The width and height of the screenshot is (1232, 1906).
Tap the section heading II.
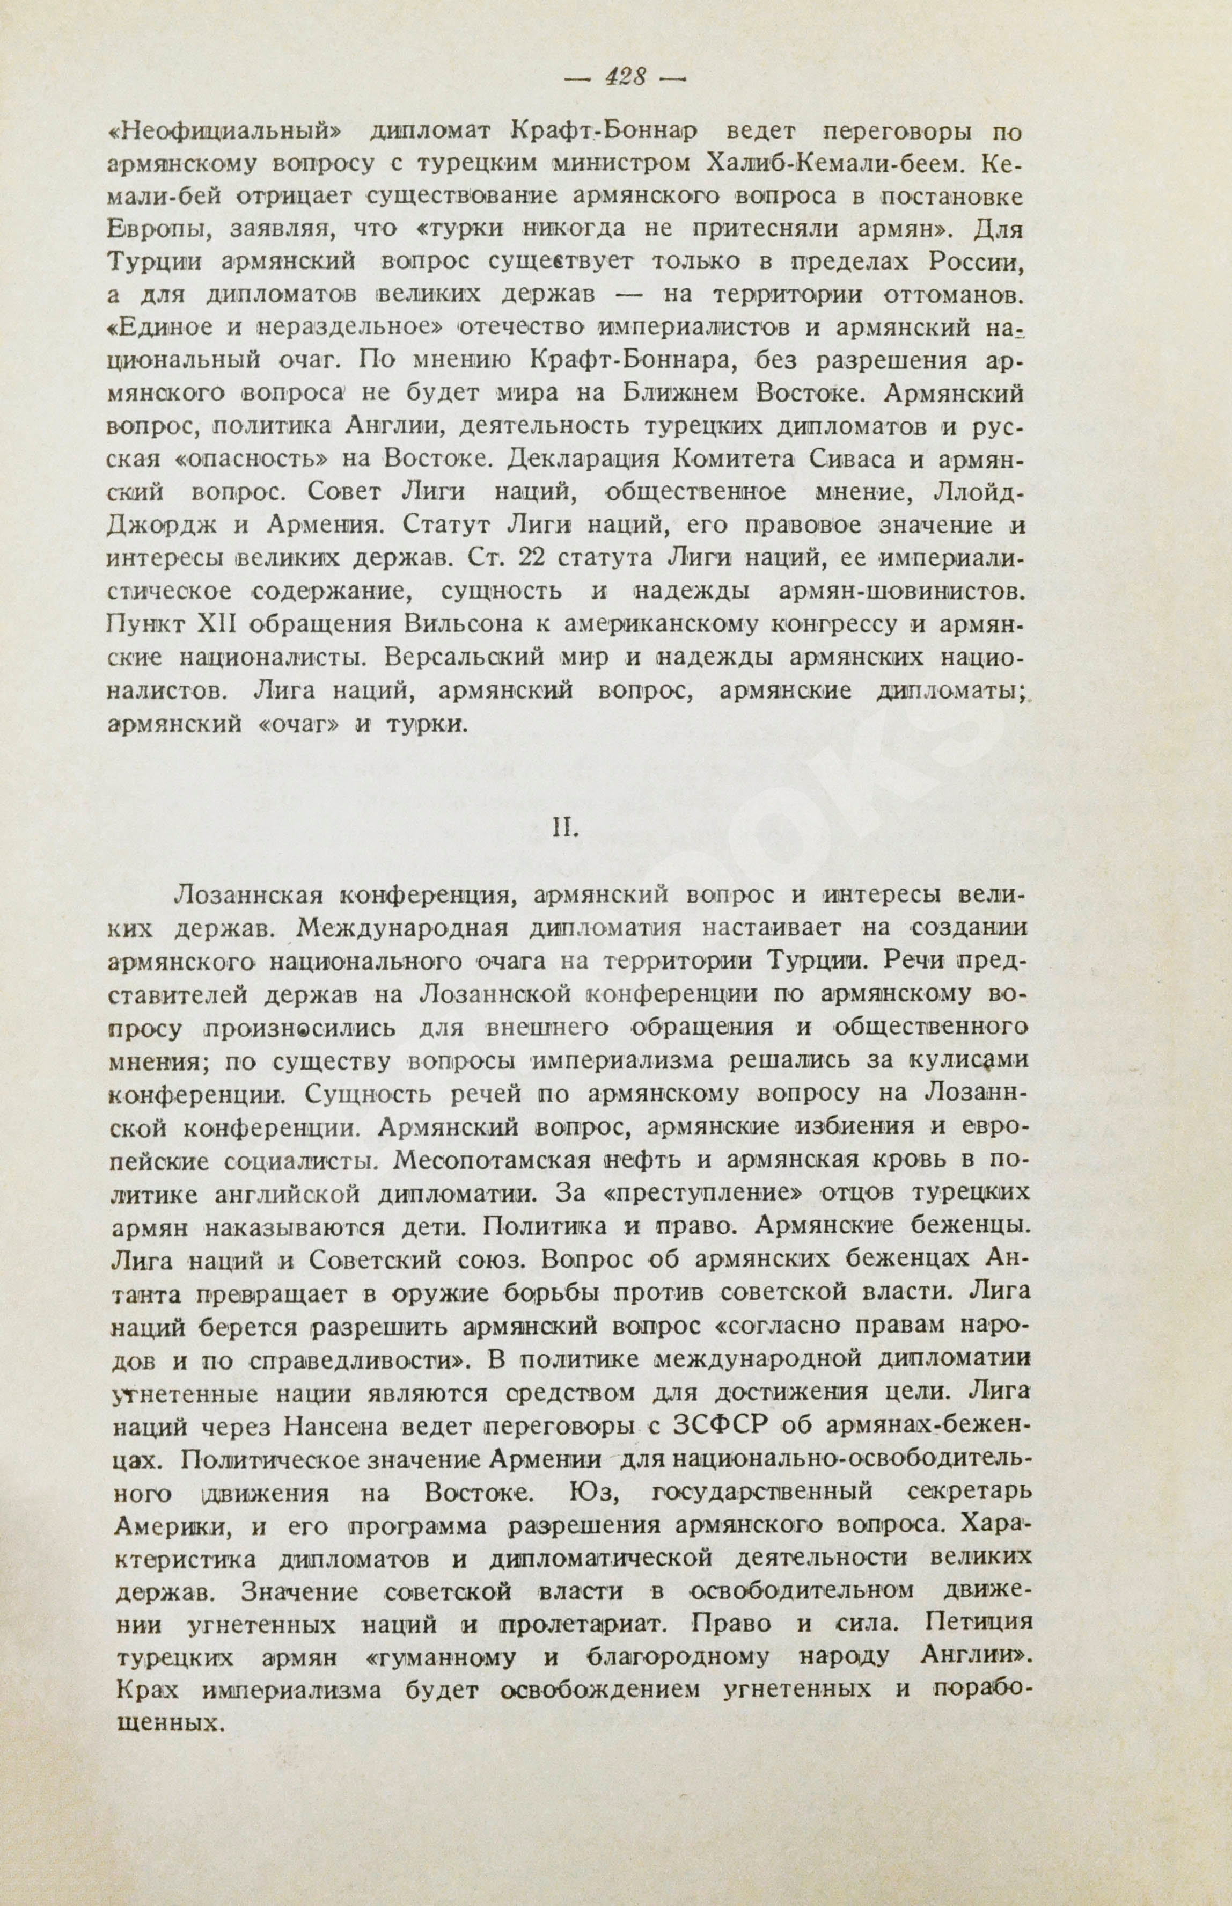(x=565, y=828)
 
